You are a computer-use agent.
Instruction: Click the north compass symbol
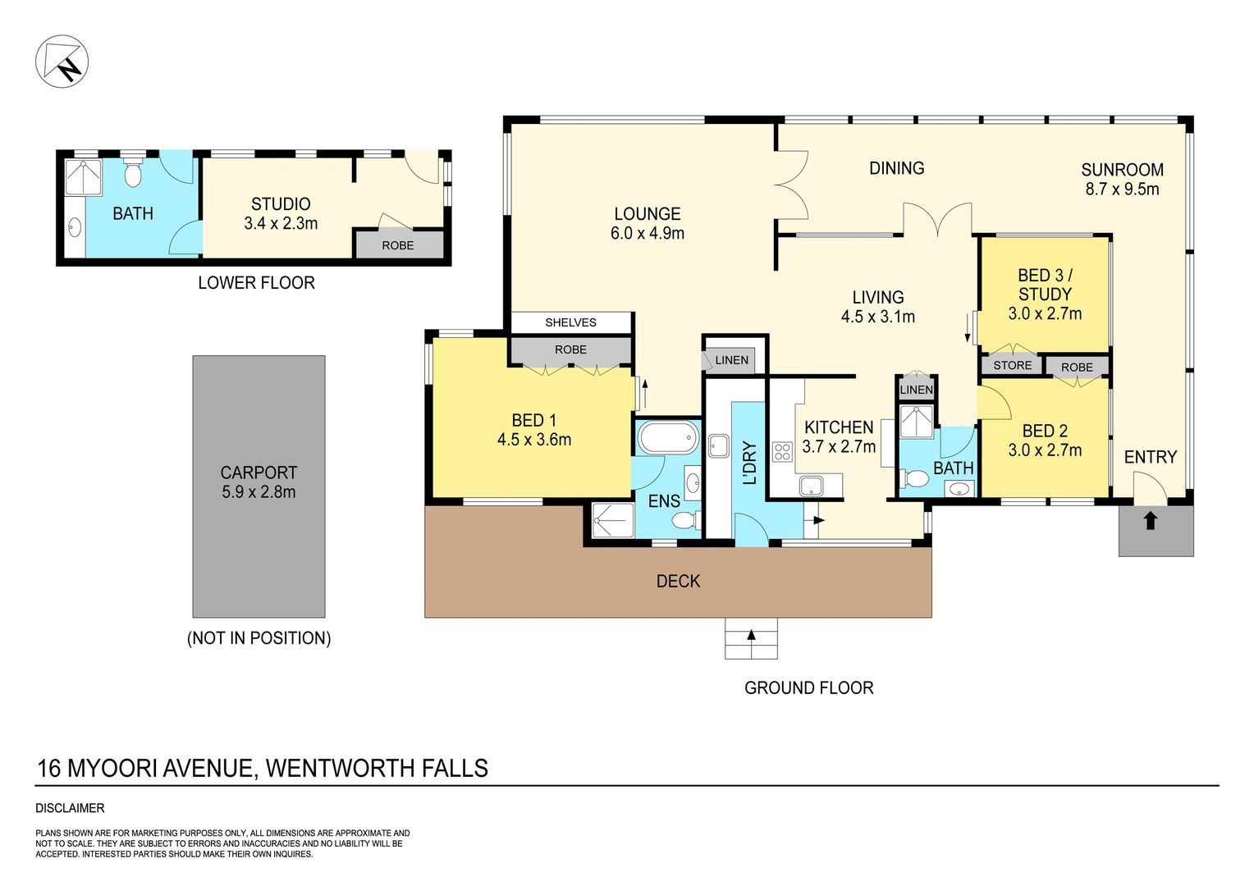point(62,61)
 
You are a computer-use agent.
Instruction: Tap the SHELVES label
point(570,322)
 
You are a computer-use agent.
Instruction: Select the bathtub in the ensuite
point(668,438)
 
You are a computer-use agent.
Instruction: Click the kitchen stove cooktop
point(782,452)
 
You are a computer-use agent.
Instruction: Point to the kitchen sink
point(811,486)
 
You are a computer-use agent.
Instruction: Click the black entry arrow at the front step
point(1150,520)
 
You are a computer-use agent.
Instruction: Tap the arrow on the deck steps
point(751,635)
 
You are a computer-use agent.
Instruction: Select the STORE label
point(1012,366)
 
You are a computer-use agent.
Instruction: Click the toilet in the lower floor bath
point(133,172)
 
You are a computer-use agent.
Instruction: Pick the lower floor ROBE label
point(397,245)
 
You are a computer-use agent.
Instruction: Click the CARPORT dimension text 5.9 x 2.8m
point(259,492)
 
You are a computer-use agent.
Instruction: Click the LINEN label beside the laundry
point(732,360)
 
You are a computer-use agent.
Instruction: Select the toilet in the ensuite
point(685,520)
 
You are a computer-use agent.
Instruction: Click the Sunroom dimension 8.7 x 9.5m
point(1122,190)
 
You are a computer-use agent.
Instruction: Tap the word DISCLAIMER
point(70,808)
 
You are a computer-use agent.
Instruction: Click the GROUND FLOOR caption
point(808,687)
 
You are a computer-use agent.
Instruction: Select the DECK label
point(678,581)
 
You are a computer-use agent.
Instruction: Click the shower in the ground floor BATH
point(916,422)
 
